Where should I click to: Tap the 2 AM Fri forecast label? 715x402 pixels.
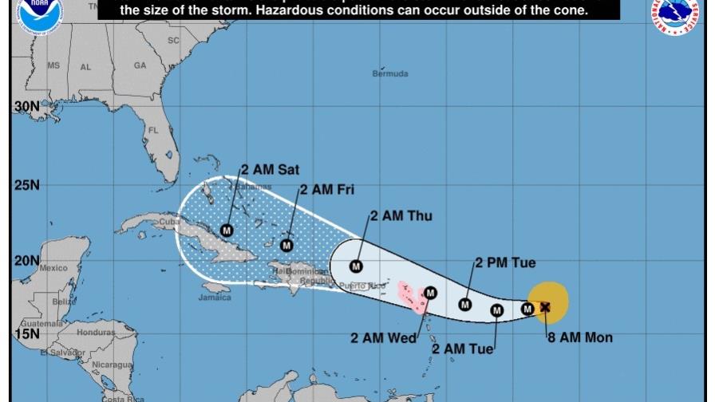coord(327,190)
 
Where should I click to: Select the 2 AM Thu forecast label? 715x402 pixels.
coord(401,216)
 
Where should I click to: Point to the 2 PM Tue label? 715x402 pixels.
coord(505,263)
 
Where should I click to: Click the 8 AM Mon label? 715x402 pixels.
coord(579,337)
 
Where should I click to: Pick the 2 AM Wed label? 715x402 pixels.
coord(383,337)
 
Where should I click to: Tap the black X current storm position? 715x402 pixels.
coord(545,307)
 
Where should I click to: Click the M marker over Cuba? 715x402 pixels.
coord(227,231)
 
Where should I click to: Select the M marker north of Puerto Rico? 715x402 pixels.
coord(356,266)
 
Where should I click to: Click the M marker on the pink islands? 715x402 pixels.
coord(430,293)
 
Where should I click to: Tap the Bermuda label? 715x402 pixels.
coord(390,74)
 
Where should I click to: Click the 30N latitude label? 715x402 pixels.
coord(26,106)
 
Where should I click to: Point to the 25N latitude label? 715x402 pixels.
coord(26,185)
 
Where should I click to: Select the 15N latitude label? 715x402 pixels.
coord(26,333)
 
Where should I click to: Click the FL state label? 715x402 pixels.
coord(153,130)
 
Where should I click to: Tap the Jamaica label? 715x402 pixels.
coord(215,298)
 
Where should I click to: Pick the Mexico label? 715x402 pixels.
coord(53,268)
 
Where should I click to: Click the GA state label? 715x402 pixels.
coord(140,65)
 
